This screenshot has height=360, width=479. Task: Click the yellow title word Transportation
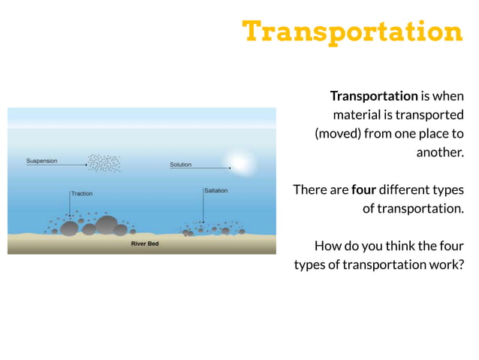(352, 32)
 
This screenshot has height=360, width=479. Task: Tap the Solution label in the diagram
(180, 165)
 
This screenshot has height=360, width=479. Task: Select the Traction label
(82, 193)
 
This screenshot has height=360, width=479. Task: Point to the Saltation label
(215, 191)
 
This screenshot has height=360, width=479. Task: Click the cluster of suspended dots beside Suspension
(104, 162)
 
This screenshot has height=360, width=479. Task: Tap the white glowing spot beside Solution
(239, 162)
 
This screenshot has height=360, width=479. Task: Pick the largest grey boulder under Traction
(107, 225)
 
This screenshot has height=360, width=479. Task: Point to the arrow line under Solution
(198, 168)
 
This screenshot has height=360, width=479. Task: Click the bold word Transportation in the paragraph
(373, 96)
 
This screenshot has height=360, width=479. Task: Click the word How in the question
(327, 246)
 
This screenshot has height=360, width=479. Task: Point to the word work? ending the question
(445, 265)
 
